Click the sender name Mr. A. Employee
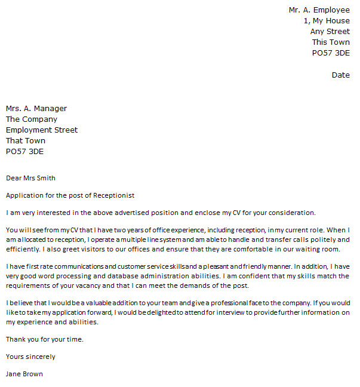click(319, 10)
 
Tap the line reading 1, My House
click(327, 21)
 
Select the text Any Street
click(330, 32)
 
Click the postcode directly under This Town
click(331, 53)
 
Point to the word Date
click(340, 75)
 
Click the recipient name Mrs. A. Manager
click(36, 109)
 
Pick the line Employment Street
click(42, 130)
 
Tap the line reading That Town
click(26, 141)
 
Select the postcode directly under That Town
click(24, 152)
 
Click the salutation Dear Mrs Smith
click(30, 177)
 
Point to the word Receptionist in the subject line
click(114, 195)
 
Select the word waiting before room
click(302, 249)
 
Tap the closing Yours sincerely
click(30, 357)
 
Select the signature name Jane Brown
click(24, 374)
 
